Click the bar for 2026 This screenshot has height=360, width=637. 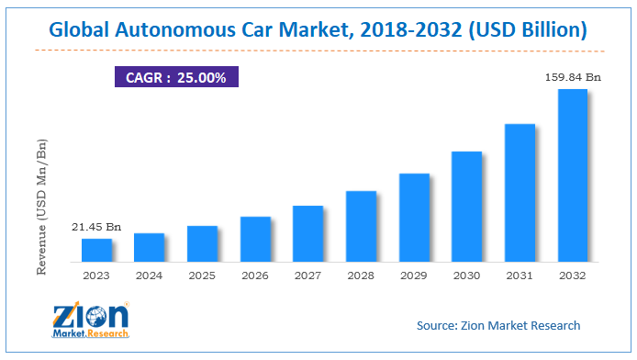click(x=255, y=240)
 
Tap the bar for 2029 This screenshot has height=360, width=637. click(x=414, y=218)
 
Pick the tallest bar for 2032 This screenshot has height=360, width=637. click(x=573, y=175)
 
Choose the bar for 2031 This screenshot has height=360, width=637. click(x=520, y=193)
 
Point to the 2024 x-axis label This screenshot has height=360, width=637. click(x=150, y=274)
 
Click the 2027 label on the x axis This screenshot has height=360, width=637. click(x=308, y=274)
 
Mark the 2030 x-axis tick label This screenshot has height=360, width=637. click(x=467, y=274)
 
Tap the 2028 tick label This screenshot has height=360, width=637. click(x=361, y=274)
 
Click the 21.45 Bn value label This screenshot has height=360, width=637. click(x=97, y=226)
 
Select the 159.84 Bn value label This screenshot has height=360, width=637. click(x=572, y=77)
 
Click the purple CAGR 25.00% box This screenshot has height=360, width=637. click(x=176, y=76)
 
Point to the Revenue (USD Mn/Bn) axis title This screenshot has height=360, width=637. click(x=41, y=206)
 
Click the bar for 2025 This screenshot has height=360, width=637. click(x=202, y=244)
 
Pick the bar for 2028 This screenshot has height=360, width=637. click(x=361, y=227)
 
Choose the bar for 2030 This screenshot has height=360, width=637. click(x=467, y=207)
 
